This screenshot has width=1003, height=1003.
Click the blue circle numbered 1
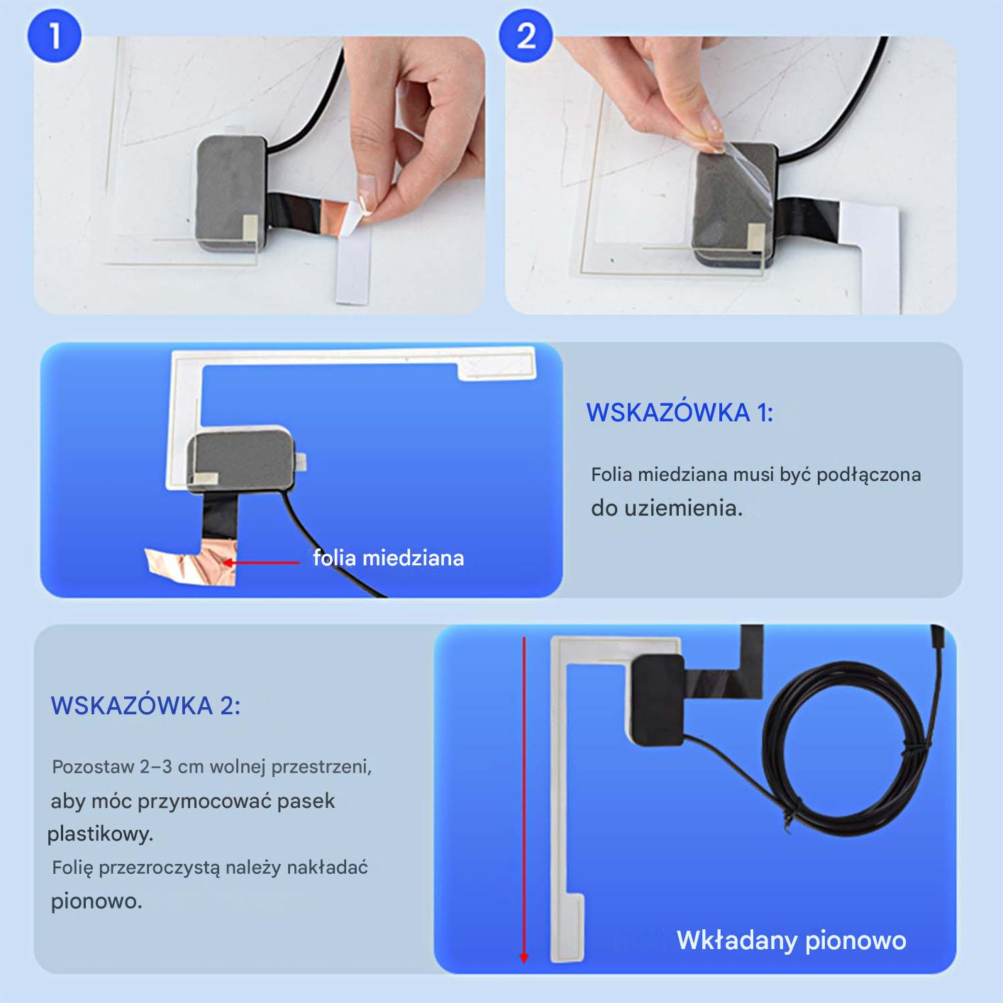pyautogui.click(x=55, y=36)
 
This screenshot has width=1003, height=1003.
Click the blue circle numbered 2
pyautogui.click(x=526, y=36)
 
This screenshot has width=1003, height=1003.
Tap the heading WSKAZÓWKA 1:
pyautogui.click(x=680, y=413)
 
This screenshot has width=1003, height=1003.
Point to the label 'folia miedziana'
pyautogui.click(x=388, y=558)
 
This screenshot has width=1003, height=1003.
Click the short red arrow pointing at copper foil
pyautogui.click(x=261, y=562)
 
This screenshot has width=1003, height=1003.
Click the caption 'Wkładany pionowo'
pyautogui.click(x=791, y=940)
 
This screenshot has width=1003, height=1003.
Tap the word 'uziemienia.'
pyautogui.click(x=683, y=509)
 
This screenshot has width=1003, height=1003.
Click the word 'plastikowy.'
pyautogui.click(x=101, y=834)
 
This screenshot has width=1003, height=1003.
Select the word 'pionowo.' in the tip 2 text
pyautogui.click(x=96, y=901)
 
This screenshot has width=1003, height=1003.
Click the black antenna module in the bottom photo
pyautogui.click(x=658, y=699)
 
